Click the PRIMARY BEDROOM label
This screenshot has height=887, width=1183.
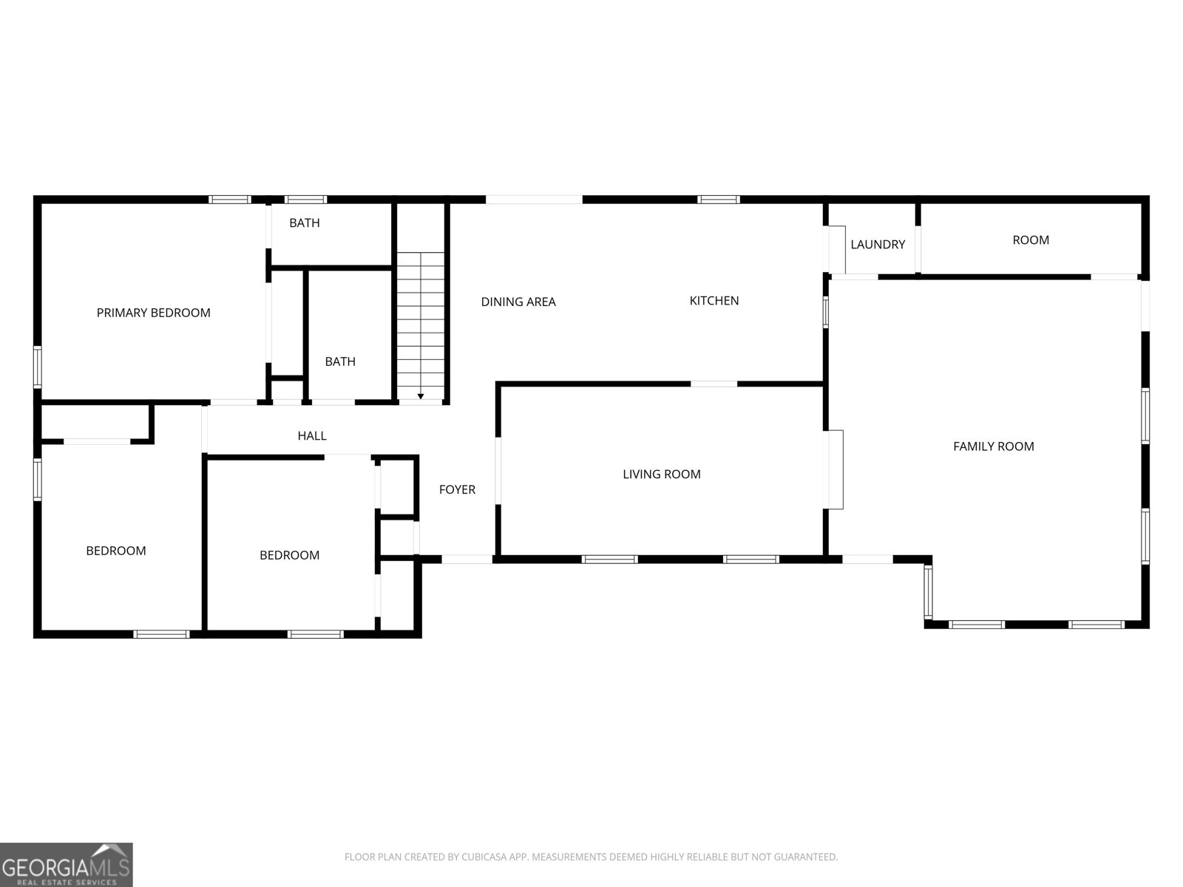click(154, 313)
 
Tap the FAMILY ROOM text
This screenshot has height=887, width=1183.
click(993, 446)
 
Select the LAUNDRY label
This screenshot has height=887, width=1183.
click(878, 245)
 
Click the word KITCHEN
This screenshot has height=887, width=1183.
click(714, 301)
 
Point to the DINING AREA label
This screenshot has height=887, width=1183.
click(518, 302)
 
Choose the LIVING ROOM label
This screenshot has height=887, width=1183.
click(661, 475)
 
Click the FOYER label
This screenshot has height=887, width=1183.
click(457, 489)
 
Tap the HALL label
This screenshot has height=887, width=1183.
click(312, 436)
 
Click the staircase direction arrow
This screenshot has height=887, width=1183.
click(421, 397)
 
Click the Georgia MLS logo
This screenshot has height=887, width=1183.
click(67, 864)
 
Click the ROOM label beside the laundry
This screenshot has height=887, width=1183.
click(1031, 240)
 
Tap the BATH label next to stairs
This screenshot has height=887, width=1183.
click(340, 361)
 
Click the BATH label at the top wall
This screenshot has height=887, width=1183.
click(305, 223)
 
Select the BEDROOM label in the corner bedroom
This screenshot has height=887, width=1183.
click(116, 551)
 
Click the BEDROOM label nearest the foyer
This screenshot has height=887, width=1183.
click(289, 555)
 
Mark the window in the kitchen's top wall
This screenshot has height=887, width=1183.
click(719, 200)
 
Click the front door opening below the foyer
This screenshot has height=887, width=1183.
click(467, 560)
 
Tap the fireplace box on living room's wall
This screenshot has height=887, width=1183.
click(835, 469)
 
